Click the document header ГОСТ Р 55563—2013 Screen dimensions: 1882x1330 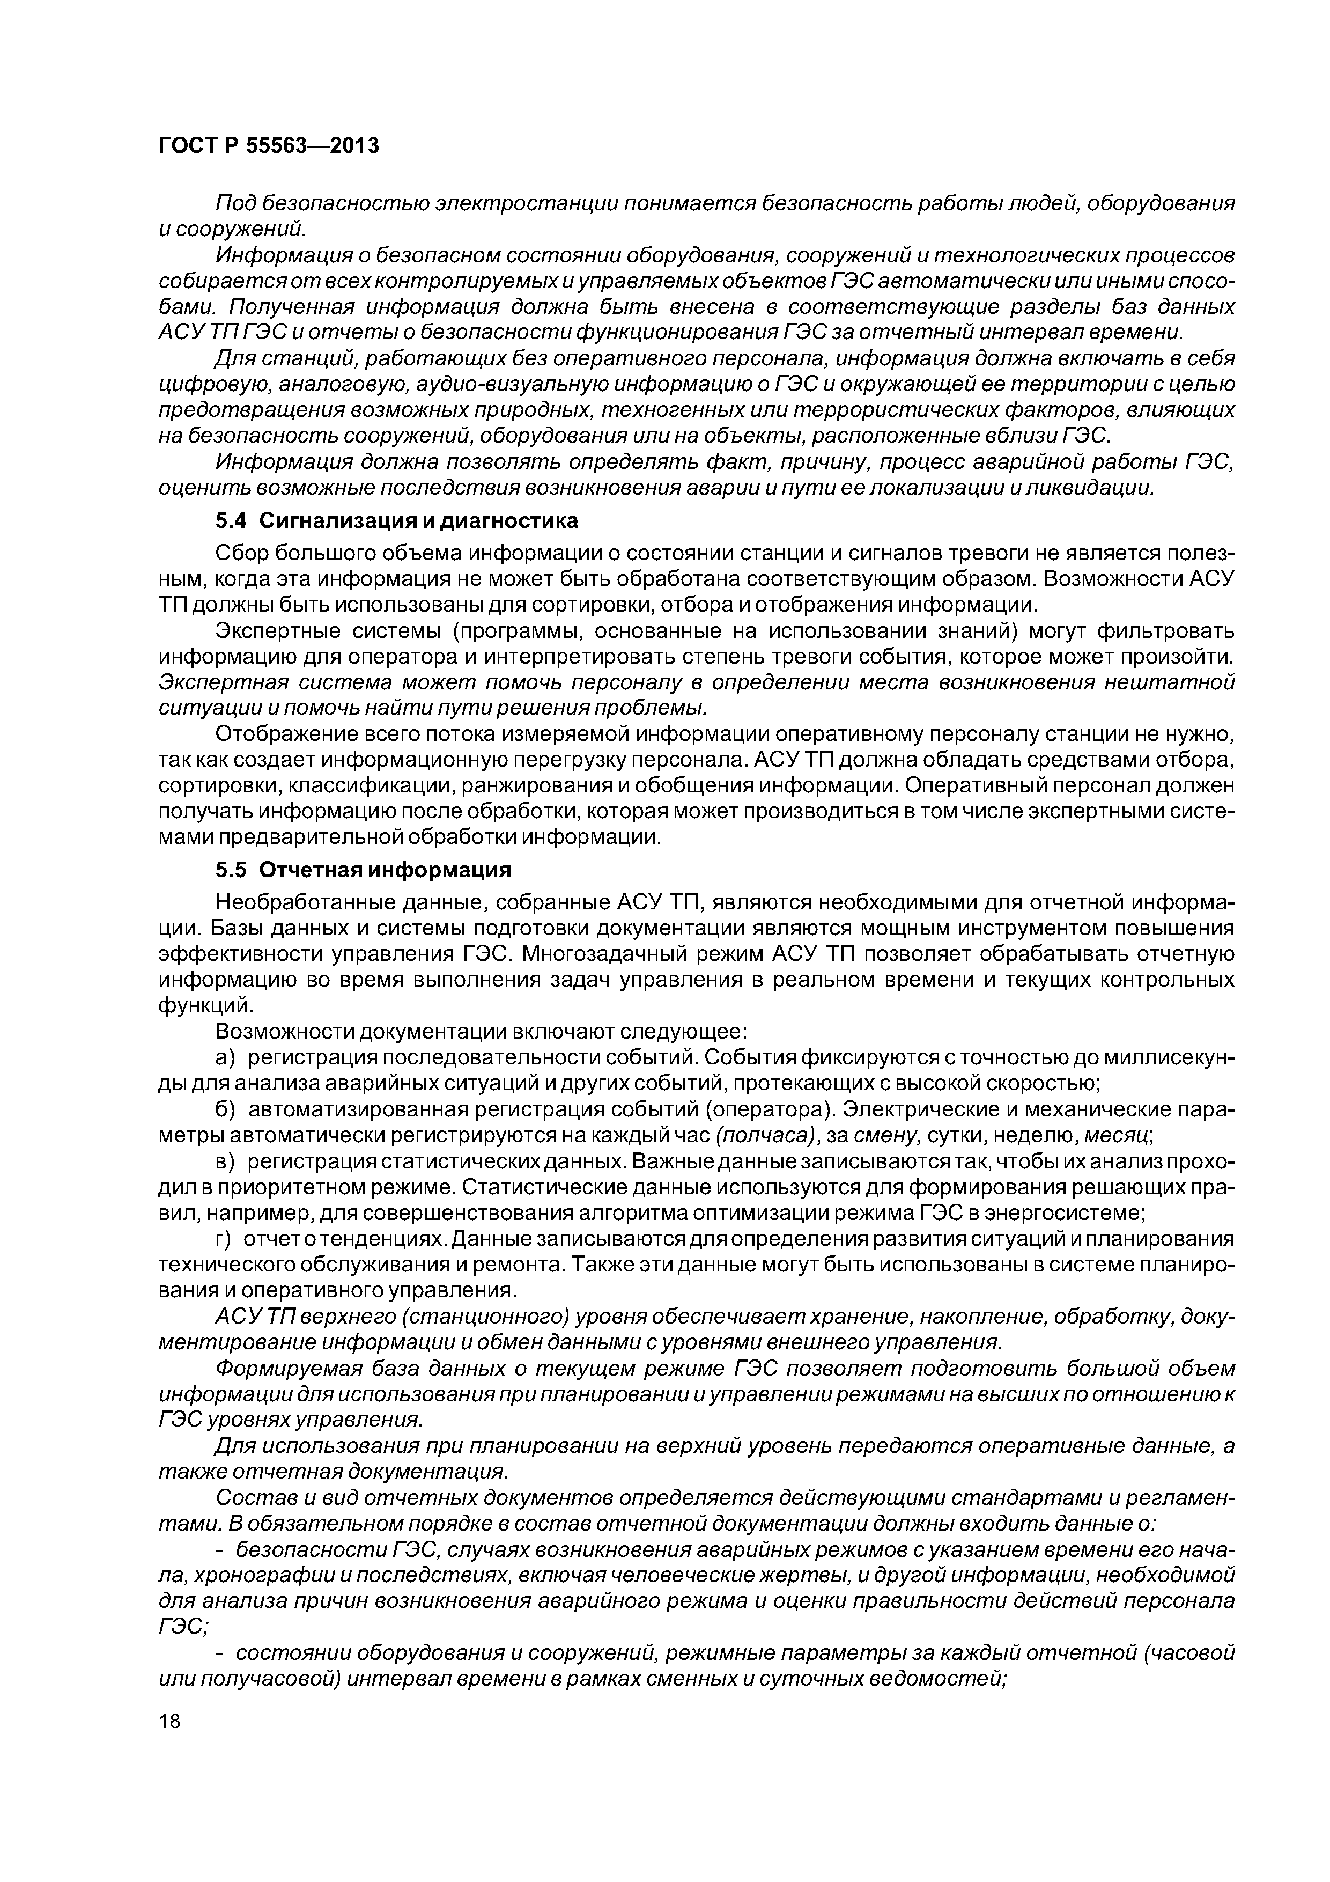tap(268, 146)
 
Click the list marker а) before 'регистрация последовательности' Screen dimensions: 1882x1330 tap(225, 1057)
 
